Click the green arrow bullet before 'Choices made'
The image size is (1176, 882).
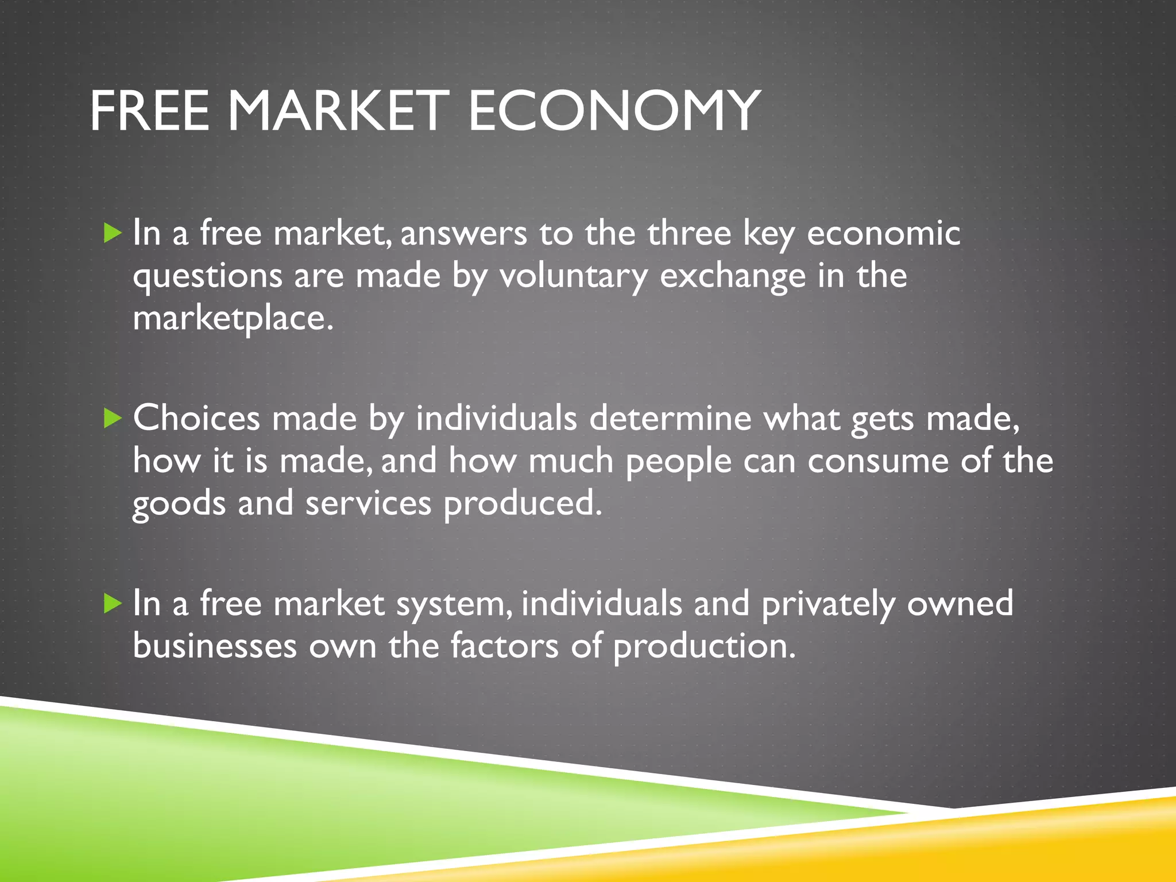pyautogui.click(x=113, y=418)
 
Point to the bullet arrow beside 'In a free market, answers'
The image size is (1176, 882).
pyautogui.click(x=113, y=233)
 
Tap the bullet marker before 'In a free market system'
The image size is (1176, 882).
pyautogui.click(x=113, y=604)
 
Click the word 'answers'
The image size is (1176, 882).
pyautogui.click(x=463, y=234)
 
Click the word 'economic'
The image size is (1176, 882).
pyautogui.click(x=883, y=234)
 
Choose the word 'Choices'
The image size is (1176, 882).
pyautogui.click(x=196, y=418)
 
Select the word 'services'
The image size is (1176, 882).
pyautogui.click(x=368, y=504)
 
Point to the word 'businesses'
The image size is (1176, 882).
pyautogui.click(x=215, y=646)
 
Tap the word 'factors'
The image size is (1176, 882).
pyautogui.click(x=504, y=646)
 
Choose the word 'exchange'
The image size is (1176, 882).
pyautogui.click(x=733, y=277)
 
